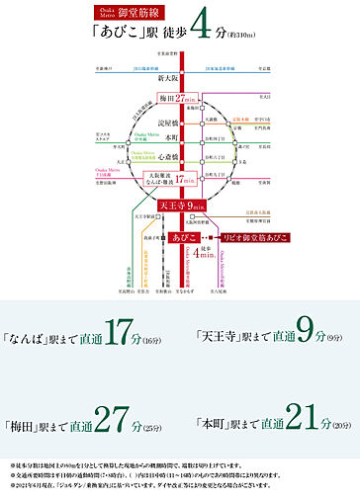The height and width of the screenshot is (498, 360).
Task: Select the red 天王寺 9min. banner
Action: [x=181, y=205]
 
